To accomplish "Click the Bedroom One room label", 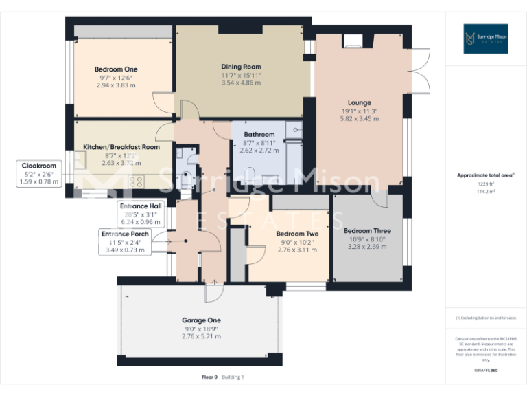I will click(x=116, y=69).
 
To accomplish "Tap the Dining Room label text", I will click(x=241, y=66).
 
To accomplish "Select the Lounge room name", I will click(x=359, y=102).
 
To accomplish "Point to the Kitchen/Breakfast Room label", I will click(x=121, y=147).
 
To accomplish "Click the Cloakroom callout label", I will click(x=39, y=166).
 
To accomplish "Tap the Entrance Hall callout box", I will click(x=141, y=206).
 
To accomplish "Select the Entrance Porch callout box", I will click(x=125, y=234).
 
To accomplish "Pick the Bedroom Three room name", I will click(x=367, y=230).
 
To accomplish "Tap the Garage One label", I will click(x=201, y=320).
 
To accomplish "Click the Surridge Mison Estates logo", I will click(x=484, y=39).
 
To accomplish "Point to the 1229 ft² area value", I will click(x=486, y=184).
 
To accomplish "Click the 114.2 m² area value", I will click(x=486, y=192).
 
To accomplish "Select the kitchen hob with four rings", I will click(x=135, y=183).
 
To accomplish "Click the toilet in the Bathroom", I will click(x=250, y=173).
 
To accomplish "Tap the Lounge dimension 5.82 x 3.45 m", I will click(x=359, y=119).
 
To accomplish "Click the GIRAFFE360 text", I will click(x=486, y=371).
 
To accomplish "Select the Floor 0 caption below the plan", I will click(x=209, y=377).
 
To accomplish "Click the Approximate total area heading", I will click(x=485, y=175).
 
